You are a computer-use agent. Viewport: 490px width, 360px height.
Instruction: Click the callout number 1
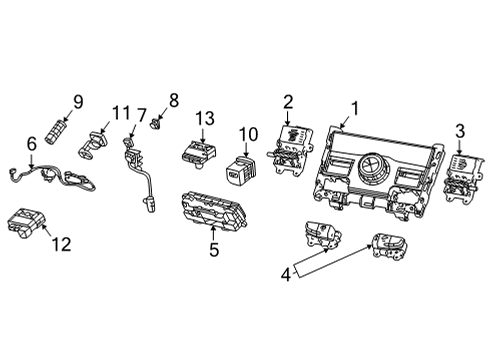point(353,111)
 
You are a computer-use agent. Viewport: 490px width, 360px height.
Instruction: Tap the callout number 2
point(288,101)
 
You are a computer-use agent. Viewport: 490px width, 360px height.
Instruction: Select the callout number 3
point(459,131)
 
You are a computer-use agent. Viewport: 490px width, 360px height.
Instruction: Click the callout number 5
point(214,249)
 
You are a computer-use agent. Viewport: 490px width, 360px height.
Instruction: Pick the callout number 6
point(31,145)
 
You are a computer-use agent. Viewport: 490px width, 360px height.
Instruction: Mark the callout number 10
point(248,134)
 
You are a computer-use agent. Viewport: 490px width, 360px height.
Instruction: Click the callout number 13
point(204,120)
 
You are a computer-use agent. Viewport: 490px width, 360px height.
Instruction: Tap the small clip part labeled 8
point(157,127)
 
